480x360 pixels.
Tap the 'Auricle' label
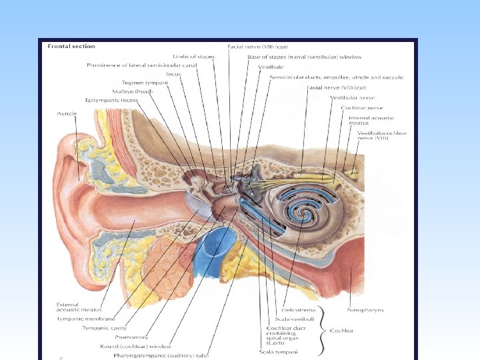coord(67,114)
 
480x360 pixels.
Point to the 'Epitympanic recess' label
coord(112,99)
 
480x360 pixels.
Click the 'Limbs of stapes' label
coord(193,57)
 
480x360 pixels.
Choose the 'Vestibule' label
coord(271,67)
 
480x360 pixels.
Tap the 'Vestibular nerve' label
coord(349,98)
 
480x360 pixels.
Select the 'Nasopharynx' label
coord(365,310)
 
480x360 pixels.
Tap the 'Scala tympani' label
coord(278,351)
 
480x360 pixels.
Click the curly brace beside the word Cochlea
coord(323,331)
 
